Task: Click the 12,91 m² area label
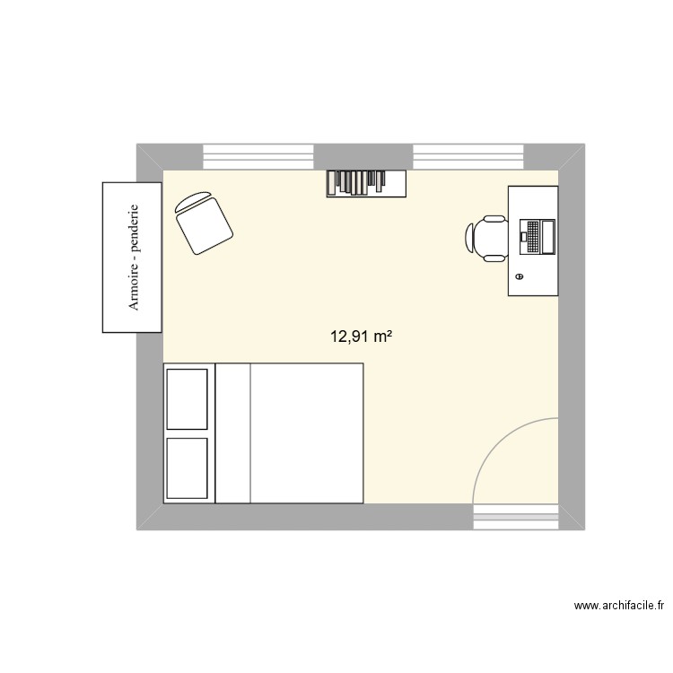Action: tap(363, 337)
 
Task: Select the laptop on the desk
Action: tap(537, 236)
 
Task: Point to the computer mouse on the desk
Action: tap(520, 278)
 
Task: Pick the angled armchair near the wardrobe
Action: tap(205, 222)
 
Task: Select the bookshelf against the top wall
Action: tap(366, 183)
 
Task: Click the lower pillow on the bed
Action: tap(188, 467)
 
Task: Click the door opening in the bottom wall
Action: tap(515, 516)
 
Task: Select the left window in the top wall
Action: tap(258, 156)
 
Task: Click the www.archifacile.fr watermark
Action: tap(619, 607)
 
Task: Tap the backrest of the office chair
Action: tap(471, 238)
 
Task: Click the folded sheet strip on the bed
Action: tap(232, 433)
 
